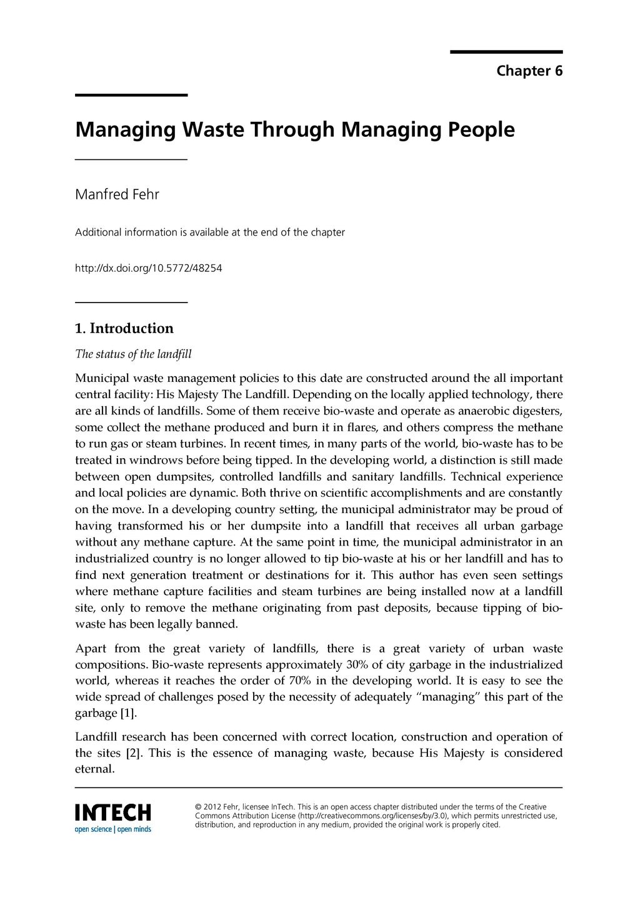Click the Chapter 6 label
(529, 71)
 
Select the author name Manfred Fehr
(117, 194)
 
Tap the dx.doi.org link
(148, 268)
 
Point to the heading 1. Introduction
(124, 328)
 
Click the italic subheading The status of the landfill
(133, 354)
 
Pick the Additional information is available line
(209, 232)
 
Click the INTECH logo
(113, 812)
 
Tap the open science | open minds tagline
(113, 829)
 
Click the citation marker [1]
(127, 713)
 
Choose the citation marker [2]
(134, 753)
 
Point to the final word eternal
(95, 769)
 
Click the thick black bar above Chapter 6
(506, 52)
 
